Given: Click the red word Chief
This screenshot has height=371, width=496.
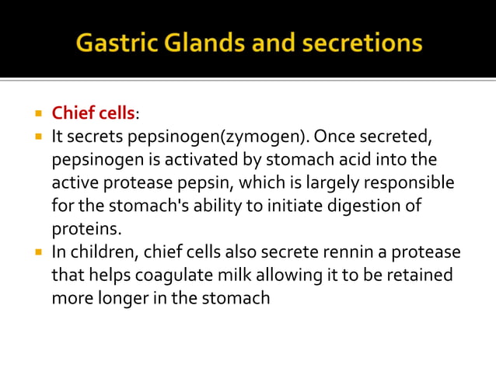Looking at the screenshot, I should click(72, 113).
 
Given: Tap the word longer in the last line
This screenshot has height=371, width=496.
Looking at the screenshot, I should click(117, 299).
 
